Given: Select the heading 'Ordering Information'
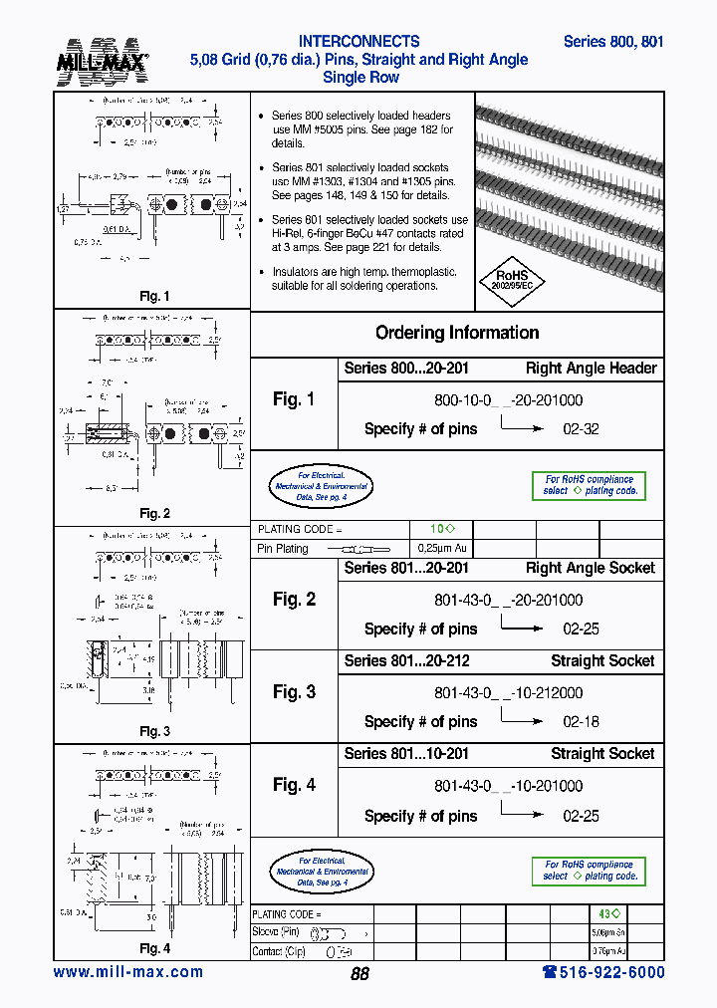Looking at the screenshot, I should (457, 333).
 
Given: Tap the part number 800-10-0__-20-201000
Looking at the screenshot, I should (508, 400).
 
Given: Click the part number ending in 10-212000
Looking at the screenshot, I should (508, 692).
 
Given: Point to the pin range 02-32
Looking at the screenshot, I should (581, 429).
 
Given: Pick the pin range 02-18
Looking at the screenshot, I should (581, 722).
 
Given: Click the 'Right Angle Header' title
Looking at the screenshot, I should (591, 369).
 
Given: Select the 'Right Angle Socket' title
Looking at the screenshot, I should (590, 569).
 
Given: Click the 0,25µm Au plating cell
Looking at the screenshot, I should (441, 549).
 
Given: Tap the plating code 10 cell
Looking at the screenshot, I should (441, 530).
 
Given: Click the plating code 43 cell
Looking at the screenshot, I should (609, 913).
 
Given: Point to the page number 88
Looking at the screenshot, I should (359, 974).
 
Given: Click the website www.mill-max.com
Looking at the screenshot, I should (127, 972).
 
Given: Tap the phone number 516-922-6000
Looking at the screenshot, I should (602, 972).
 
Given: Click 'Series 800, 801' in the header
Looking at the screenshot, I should (613, 42).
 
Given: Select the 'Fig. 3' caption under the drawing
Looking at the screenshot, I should (154, 732).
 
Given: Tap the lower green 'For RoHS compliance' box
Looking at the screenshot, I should (589, 871).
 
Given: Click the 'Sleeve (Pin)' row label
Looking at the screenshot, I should (276, 932).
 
